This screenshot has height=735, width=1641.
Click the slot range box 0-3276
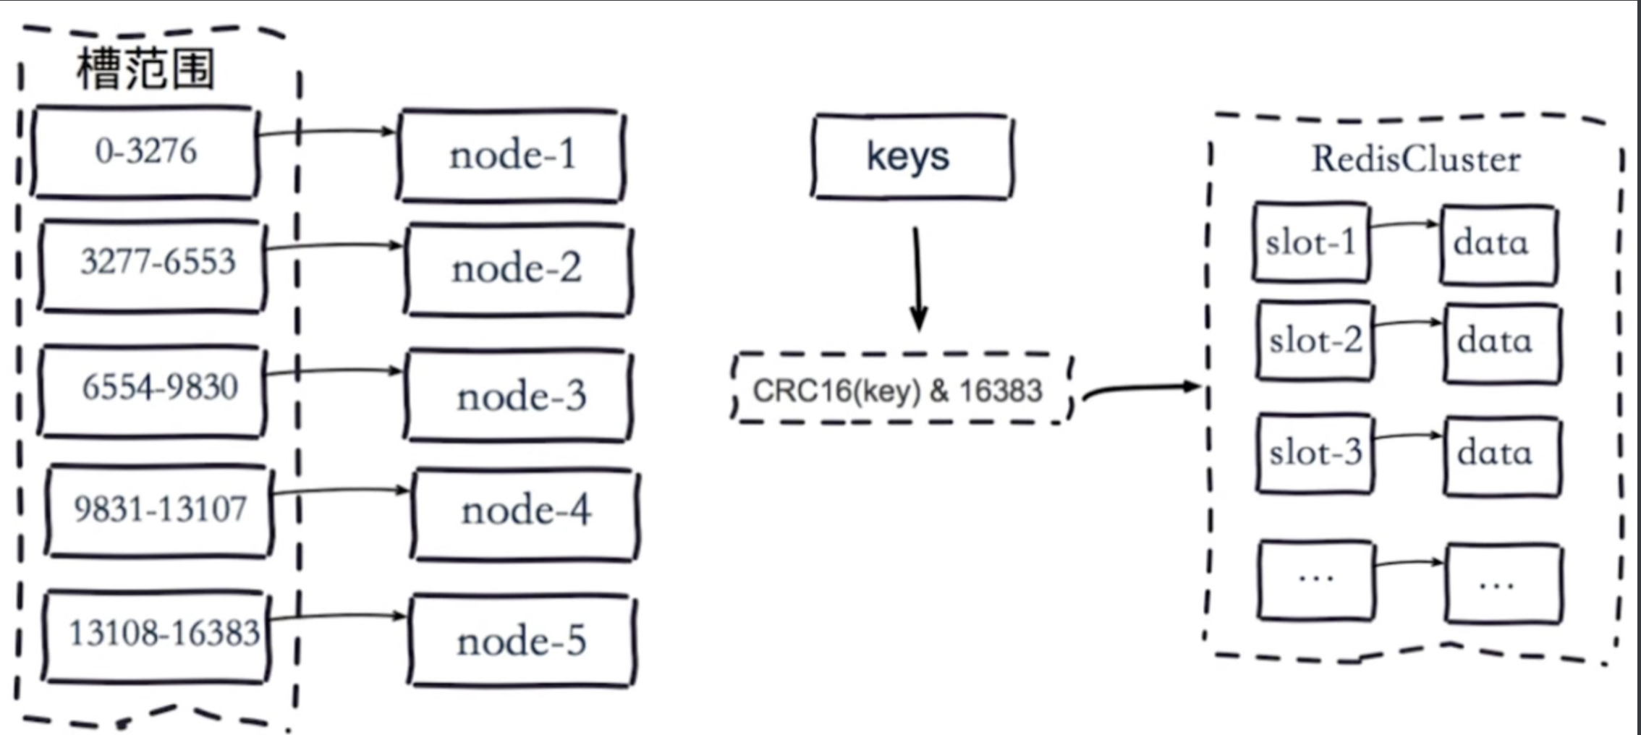point(145,152)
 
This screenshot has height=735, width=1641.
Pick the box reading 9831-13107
point(159,511)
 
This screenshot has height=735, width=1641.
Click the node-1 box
point(512,156)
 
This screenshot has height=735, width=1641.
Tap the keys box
point(911,156)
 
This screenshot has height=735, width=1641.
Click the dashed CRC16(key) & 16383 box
point(901,389)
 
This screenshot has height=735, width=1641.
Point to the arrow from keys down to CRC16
point(917,279)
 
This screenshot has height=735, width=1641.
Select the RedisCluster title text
point(1416,159)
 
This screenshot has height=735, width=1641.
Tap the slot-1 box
point(1311,242)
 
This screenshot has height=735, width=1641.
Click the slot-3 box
point(1315,454)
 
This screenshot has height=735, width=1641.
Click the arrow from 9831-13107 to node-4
point(340,491)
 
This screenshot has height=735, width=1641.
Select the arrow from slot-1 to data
point(1404,224)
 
